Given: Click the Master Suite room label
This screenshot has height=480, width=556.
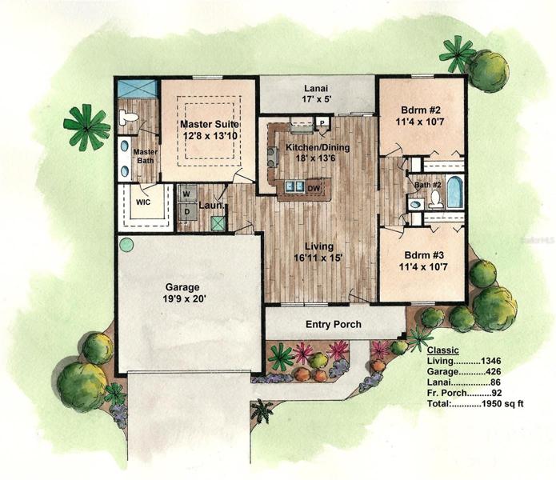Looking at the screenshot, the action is tap(210, 130).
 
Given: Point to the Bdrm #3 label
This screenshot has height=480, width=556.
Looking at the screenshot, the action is tap(424, 261).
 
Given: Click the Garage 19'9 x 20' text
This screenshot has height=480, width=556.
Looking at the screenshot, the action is tap(182, 293).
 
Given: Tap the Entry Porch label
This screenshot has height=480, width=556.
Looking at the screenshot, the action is tap(334, 324).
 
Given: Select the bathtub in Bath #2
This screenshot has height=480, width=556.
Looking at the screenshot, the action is tap(454, 192).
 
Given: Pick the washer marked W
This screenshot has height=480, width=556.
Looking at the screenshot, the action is tap(186, 194).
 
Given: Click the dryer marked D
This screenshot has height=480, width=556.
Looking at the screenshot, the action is tap(187, 212).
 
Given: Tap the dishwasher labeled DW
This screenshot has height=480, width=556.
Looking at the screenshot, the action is tap(314, 189).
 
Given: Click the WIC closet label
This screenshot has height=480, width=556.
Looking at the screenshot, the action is tap(143, 202).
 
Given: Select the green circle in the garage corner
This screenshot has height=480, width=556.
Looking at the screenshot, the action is tap(126, 245).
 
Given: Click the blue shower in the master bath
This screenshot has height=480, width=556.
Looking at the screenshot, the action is tap(138, 88).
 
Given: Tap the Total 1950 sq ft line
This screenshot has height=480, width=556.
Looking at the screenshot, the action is tap(475, 403).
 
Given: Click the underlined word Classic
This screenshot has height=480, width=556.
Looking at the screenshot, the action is tap(443, 350).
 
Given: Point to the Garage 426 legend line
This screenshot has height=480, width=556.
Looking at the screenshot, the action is tap(464, 371).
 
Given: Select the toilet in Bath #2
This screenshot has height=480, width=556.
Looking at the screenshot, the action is tap(436, 199).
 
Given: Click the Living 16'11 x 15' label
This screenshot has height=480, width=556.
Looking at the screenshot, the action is tap(319, 252).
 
